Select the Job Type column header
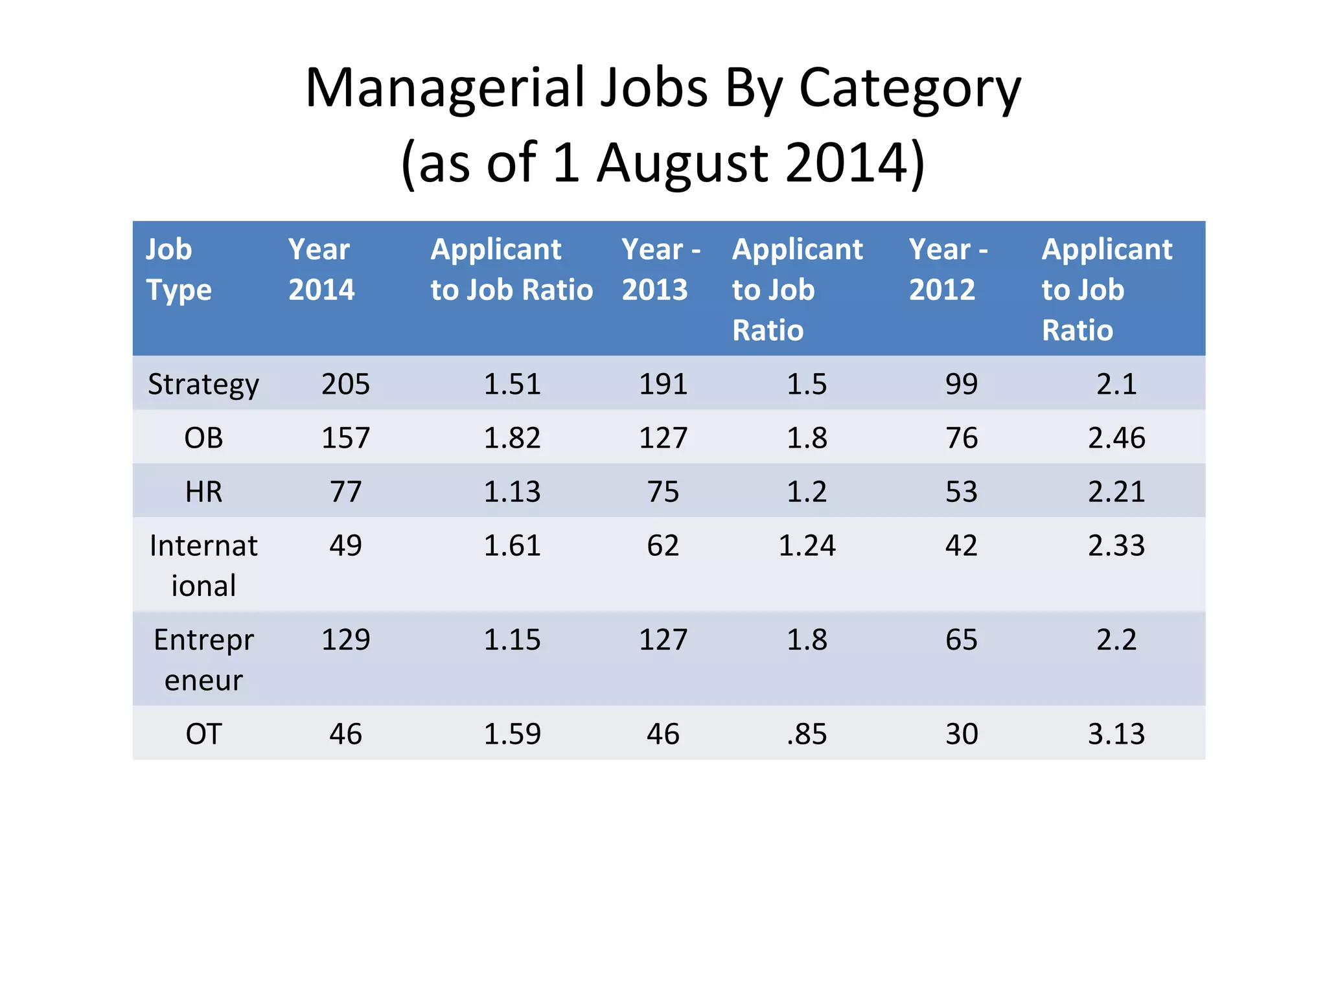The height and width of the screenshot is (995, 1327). pos(178,269)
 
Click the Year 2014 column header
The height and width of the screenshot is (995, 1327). pos(321,269)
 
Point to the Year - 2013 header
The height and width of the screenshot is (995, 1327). pos(661,269)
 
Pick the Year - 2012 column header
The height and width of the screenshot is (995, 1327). pos(948,269)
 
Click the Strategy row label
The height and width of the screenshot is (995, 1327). pos(203,385)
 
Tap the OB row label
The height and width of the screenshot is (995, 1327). pos(203,439)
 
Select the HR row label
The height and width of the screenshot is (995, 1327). pos(203,492)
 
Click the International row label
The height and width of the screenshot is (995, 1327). pos(203,566)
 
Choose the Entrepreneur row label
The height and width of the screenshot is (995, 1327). pos(203,659)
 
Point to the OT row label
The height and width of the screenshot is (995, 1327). pos(203,735)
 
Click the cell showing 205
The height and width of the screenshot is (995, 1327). pos(345,385)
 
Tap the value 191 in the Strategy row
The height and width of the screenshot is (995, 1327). pos(663,385)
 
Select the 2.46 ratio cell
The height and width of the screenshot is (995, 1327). pos(1116,439)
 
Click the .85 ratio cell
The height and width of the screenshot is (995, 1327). pos(807,735)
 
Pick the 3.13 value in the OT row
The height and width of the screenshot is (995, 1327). pos(1116,735)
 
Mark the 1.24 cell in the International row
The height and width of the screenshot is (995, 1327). pos(807,546)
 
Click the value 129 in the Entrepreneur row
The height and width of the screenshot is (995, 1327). pos(345,640)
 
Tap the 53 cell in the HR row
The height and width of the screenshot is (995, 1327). pos(961,492)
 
